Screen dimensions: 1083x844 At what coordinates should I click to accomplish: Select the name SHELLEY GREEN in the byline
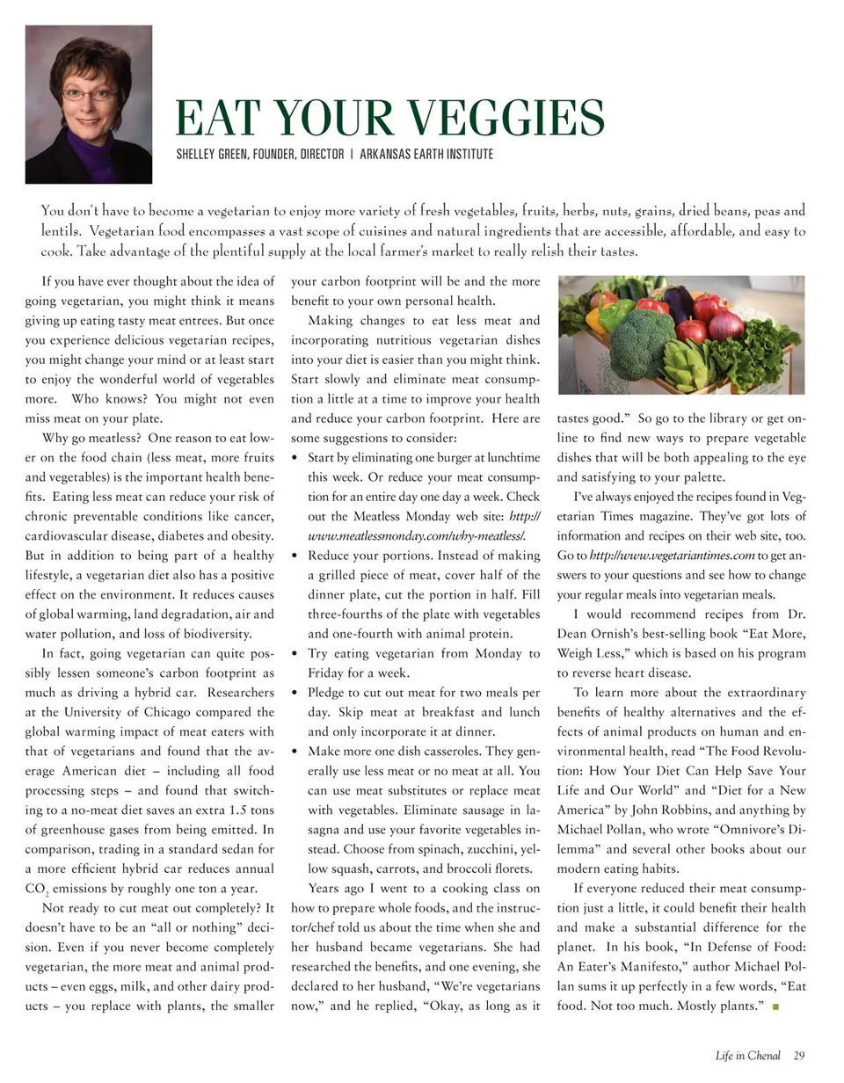(x=212, y=155)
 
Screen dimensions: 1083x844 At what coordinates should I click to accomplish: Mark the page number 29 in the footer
(x=798, y=1056)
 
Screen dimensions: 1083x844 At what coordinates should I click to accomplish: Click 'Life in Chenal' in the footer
(x=747, y=1056)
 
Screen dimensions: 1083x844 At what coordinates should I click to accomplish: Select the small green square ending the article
(x=775, y=1007)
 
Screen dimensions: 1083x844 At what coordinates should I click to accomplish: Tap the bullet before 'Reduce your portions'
(x=295, y=556)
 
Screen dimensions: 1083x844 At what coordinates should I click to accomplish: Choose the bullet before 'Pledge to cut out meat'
(x=295, y=693)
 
